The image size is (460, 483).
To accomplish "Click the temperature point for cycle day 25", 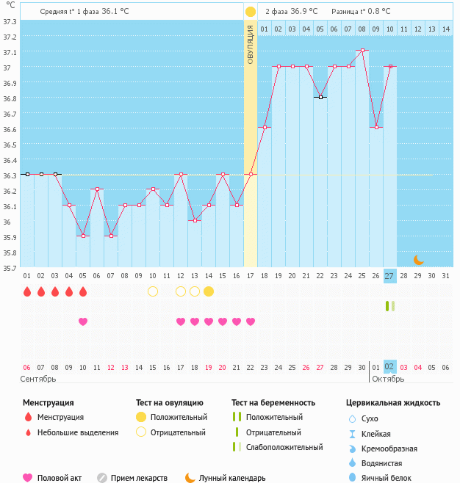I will pos(362,51).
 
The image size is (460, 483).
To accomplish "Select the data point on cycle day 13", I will pos(194,220).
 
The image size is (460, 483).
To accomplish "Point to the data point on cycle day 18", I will pos(265,128).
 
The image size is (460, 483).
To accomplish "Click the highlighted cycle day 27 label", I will pos(389,275).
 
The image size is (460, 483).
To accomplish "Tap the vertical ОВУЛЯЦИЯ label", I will pos(250,44).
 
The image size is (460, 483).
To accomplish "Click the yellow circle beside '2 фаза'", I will pos(251,12).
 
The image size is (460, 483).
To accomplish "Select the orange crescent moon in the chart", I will pos(418,259).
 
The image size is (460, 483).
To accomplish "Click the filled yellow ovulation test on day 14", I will pos(209,291).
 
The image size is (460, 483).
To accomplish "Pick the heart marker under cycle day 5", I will pos(82,322).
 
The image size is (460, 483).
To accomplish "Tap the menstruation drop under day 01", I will pos(27,291).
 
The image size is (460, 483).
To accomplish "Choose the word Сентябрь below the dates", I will pos(38,379).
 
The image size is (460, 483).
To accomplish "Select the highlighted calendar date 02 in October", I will pos(389,366).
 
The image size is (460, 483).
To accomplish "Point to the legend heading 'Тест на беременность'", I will pos(273,402).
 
